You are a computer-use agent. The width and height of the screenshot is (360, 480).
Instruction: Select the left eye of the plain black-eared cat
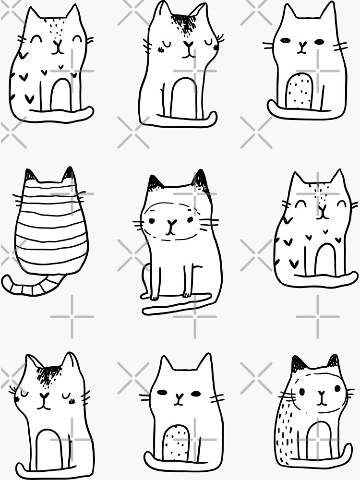tap(151, 221)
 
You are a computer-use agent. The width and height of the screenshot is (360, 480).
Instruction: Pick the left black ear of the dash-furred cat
tap(297, 363)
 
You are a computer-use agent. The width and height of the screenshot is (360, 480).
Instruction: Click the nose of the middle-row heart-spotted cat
tap(322, 208)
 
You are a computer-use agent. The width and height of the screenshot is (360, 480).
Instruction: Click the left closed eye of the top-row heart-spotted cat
tap(36, 37)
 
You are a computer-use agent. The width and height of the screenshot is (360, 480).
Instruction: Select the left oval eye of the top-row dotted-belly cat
tap(286, 41)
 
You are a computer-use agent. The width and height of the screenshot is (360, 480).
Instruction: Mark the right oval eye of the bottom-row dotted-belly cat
tap(196, 393)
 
